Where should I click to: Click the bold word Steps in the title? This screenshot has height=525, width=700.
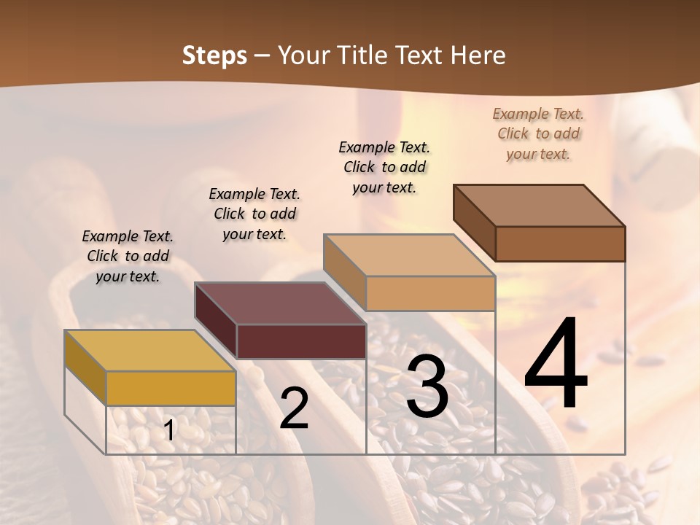coord(214,55)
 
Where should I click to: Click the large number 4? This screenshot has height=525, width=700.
coord(556,365)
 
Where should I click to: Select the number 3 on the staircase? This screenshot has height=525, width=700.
coord(427,386)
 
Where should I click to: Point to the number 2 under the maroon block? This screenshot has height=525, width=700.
coord(295,408)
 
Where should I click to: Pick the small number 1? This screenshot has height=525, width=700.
coord(169,430)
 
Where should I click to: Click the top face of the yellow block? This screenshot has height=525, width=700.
coord(149,351)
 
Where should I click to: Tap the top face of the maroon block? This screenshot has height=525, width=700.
coord(280,303)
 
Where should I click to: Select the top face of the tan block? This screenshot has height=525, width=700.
coord(409,255)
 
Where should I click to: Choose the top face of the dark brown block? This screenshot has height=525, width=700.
coord(540,206)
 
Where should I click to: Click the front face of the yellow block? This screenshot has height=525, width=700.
coord(171,388)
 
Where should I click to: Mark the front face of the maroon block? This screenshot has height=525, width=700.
coord(301,341)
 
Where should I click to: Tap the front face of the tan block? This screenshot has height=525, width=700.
coord(430,293)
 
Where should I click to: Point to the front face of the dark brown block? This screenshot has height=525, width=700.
coord(560,244)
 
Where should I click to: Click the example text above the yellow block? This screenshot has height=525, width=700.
coord(128,256)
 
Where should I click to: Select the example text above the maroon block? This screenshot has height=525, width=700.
coord(254,214)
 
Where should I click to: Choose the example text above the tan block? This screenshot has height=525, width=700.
coord(384,167)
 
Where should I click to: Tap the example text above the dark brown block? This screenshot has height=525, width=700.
coord(538,133)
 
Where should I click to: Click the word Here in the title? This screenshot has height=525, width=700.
coord(481,55)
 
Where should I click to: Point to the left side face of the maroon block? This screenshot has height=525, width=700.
coord(216,321)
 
